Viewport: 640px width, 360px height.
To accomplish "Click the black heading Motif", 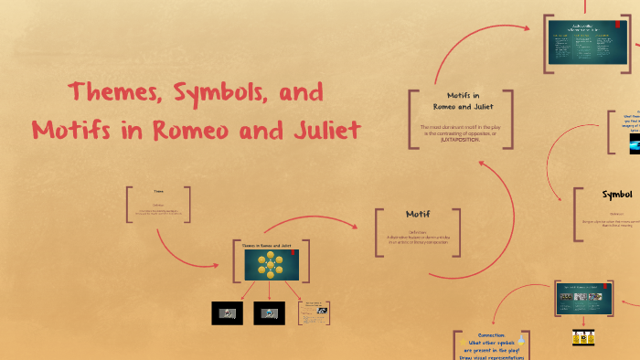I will click(417, 214).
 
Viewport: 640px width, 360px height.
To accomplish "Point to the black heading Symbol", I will click(617, 194).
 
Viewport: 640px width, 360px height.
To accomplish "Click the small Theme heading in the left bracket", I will click(158, 191).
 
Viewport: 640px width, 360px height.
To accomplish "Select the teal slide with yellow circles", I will click(272, 265).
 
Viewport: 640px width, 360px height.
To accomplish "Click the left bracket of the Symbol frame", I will click(575, 215).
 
